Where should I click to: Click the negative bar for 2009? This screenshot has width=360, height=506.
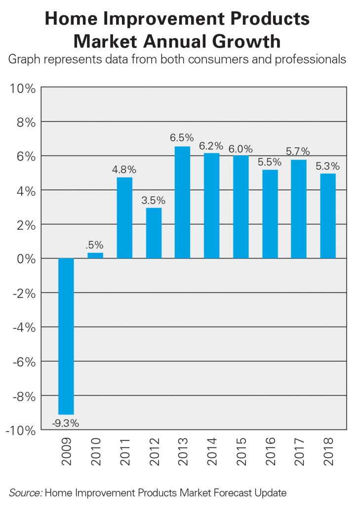[66, 336]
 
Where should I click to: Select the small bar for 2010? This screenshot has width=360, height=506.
[95, 255]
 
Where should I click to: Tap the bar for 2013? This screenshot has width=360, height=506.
[183, 203]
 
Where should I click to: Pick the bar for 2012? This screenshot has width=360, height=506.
[154, 233]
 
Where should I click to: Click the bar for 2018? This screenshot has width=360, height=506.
[328, 216]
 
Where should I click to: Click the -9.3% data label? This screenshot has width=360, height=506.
[66, 423]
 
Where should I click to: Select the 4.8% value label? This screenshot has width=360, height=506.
[124, 169]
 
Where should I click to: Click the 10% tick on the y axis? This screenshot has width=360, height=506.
[22, 89]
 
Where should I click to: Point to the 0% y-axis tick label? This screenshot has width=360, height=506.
[25, 259]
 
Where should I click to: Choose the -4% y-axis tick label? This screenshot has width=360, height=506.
[22, 328]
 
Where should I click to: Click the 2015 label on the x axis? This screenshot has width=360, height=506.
[241, 452]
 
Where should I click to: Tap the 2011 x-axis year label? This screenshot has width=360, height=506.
[124, 452]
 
